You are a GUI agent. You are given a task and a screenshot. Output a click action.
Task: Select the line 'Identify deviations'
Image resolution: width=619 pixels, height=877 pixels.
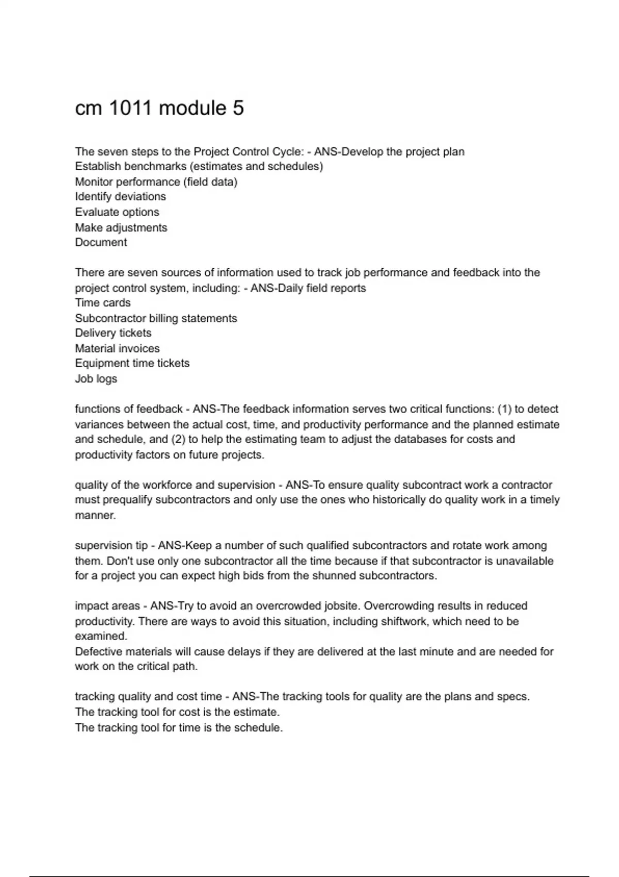120,197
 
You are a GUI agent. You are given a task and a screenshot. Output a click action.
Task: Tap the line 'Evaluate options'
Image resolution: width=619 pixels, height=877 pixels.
117,212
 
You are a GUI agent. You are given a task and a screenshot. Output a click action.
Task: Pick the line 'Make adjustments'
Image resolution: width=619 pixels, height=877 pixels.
121,228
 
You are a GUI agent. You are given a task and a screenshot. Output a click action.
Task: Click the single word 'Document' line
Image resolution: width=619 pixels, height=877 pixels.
101,242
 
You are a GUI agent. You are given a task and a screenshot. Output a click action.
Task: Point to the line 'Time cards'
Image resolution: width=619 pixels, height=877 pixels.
103,303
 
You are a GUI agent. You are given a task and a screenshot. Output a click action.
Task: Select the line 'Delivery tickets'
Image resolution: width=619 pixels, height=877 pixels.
113,333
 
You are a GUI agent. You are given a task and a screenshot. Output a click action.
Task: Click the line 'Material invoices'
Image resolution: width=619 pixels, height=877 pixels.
117,349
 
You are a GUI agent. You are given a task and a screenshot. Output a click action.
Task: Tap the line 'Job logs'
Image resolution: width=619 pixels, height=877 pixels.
96,379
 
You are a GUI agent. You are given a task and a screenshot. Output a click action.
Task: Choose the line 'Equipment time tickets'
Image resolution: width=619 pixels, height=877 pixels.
132,363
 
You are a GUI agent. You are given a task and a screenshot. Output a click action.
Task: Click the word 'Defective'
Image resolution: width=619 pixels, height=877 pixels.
99,652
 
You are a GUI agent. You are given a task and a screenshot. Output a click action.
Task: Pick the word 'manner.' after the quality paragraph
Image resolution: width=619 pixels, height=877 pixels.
95,515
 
